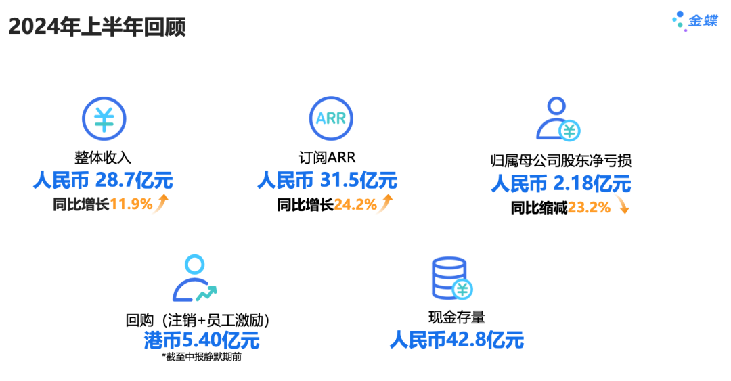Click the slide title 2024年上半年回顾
coord(97,27)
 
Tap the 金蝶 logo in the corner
coord(694,20)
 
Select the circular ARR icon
coord(331,119)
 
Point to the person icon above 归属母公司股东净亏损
coord(558,119)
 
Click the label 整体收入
coord(104,158)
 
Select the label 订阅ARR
coord(328,158)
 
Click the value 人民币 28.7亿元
coord(103,181)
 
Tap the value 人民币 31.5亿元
coord(327,181)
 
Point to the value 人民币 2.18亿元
coord(560,183)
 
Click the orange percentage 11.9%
coord(131,204)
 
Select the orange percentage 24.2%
coord(355,204)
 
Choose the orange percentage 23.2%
coord(589,208)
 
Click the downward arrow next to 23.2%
coord(623,208)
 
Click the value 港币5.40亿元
coord(202,339)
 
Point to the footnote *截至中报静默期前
coord(202,357)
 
